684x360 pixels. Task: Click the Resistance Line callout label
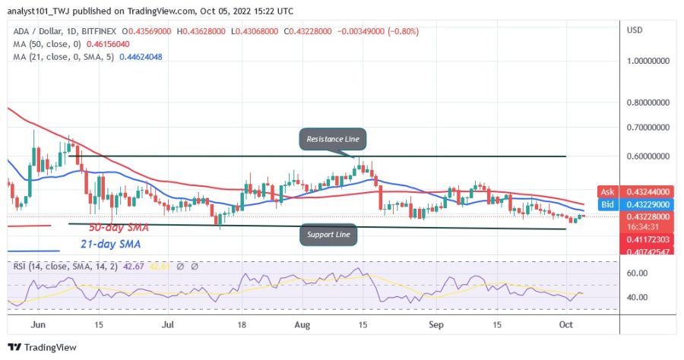(x=333, y=140)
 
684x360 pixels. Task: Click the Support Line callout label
(x=329, y=234)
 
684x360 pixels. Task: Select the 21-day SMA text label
(x=111, y=245)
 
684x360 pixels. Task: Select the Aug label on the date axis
(x=302, y=324)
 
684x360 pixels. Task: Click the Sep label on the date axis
(x=436, y=324)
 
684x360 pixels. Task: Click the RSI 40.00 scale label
(x=637, y=297)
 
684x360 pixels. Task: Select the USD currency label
(x=635, y=30)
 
